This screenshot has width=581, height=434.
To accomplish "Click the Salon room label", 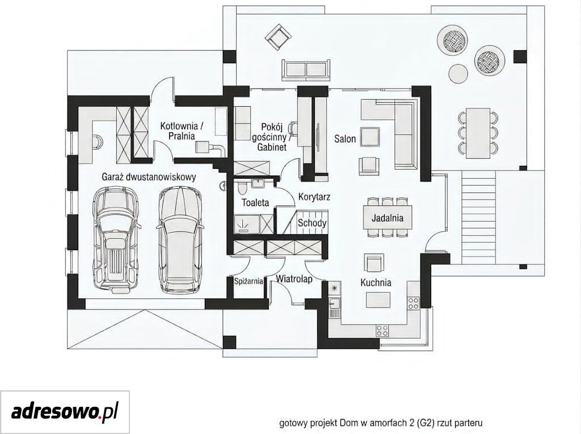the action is tap(345, 139).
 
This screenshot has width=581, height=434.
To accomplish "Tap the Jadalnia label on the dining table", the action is tap(387, 218).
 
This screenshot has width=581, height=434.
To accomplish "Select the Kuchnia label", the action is tap(376, 283).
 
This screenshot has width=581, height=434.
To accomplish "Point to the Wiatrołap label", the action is tap(294, 279).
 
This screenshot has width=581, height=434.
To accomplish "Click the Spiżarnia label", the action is tap(249, 281).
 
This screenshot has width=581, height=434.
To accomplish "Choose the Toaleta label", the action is tap(255, 203).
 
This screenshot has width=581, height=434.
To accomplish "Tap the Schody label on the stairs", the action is tap(312, 223).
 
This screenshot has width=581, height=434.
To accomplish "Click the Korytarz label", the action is tap(314, 196).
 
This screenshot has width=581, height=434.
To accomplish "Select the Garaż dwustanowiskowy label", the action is tap(149, 177).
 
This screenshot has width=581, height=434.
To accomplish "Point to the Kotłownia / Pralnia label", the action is tap(182, 131).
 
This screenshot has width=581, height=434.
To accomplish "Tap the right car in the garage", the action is tap(180, 240).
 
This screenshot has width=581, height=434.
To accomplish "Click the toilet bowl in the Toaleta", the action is tap(242, 189).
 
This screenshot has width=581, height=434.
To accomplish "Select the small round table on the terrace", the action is tap(458, 74).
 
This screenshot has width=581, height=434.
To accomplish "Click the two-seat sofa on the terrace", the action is tap(306, 70).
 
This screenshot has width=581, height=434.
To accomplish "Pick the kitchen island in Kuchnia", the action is tap(378, 300).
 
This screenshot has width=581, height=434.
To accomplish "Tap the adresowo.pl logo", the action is tap(65, 412).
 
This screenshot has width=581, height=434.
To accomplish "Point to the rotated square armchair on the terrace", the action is tap(278, 37).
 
